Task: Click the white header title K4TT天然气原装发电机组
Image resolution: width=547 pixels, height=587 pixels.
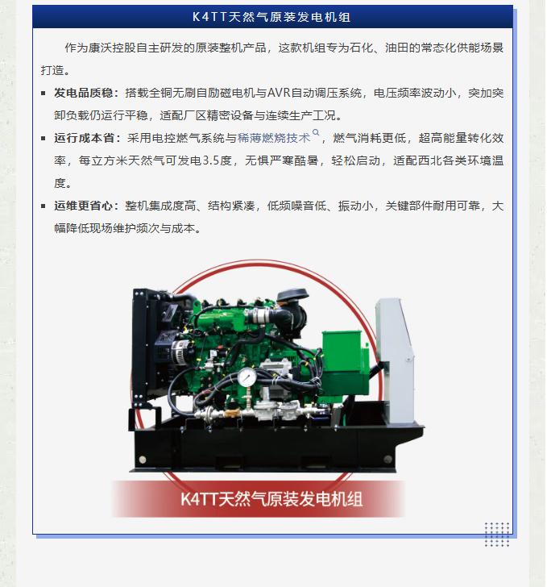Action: click(271, 17)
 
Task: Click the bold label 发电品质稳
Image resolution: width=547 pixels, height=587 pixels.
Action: click(84, 93)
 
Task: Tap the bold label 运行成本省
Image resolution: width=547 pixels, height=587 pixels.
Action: click(84, 138)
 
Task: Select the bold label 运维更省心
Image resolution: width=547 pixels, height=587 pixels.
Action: click(84, 206)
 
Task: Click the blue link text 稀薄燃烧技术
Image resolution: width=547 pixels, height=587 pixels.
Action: click(274, 138)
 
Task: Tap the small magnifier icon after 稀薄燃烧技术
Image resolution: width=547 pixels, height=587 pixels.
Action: click(316, 132)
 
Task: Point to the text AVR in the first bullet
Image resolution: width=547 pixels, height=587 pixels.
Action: click(279, 93)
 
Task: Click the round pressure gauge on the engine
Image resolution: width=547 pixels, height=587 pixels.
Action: click(247, 377)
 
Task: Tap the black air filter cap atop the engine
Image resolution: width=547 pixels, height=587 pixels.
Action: click(292, 294)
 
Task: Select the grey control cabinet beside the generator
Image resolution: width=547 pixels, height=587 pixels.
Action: click(395, 360)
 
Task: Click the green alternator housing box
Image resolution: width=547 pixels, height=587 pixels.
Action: click(342, 361)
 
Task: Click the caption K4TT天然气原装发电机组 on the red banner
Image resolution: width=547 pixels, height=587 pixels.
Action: click(271, 499)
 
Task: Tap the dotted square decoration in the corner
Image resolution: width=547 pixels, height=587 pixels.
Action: click(497, 535)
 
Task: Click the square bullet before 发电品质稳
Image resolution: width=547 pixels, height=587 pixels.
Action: click(44, 94)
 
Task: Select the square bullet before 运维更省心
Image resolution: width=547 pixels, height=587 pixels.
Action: click(44, 206)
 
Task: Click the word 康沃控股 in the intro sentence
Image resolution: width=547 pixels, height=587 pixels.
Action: click(112, 48)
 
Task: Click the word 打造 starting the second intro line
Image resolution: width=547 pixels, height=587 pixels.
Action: click(52, 70)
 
